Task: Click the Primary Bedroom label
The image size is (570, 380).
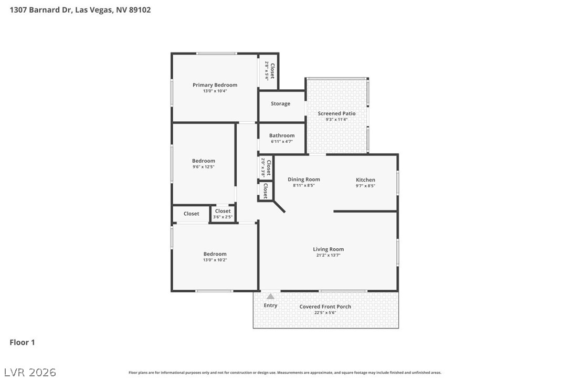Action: tap(215, 85)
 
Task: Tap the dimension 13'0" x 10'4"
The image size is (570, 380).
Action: tap(215, 91)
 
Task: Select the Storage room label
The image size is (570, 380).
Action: tap(280, 104)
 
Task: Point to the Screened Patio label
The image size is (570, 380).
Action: tap(336, 113)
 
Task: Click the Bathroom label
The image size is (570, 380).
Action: tap(282, 135)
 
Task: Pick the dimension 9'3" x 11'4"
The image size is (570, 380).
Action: tap(336, 120)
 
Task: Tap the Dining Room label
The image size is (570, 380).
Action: tap(303, 180)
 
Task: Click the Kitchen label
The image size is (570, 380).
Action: tap(365, 180)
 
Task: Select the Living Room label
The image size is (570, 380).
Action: tap(328, 249)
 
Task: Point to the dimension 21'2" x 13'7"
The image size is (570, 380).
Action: tap(328, 256)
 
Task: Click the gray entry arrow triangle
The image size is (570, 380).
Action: tap(270, 297)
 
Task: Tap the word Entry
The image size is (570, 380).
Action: tap(270, 305)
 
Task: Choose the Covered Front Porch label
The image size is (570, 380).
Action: tap(325, 307)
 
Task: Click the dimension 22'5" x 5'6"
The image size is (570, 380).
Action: tap(325, 313)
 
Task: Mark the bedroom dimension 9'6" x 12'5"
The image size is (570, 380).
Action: tap(203, 167)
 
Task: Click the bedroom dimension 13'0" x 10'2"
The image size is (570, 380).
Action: tap(215, 260)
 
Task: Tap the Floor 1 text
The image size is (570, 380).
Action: tap(22, 343)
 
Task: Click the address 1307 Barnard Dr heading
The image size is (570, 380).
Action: tap(80, 9)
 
